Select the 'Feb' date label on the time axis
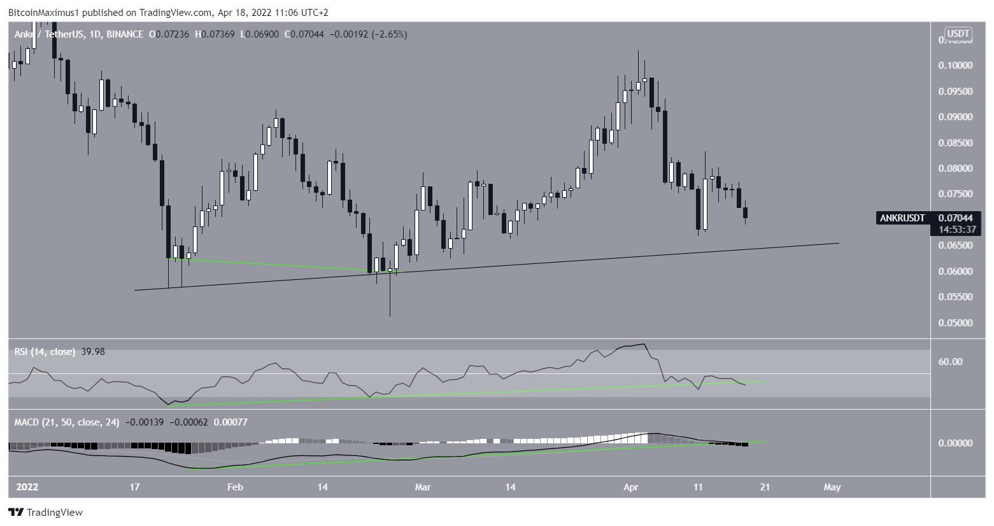coord(235,487)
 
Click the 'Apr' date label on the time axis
coord(631,487)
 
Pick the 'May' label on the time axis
coord(832,487)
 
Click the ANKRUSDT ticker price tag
coord(902,218)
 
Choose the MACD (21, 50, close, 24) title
coord(67,422)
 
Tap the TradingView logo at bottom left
coord(45,513)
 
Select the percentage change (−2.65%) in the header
coord(388,34)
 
